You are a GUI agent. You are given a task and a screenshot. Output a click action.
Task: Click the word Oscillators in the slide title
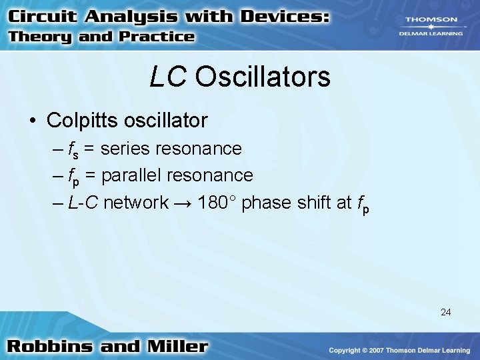[x=263, y=77]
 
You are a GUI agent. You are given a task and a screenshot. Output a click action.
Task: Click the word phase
[x=265, y=203]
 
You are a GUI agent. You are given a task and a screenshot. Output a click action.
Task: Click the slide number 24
[x=445, y=311]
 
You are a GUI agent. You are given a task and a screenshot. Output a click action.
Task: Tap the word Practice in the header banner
[x=156, y=37]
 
